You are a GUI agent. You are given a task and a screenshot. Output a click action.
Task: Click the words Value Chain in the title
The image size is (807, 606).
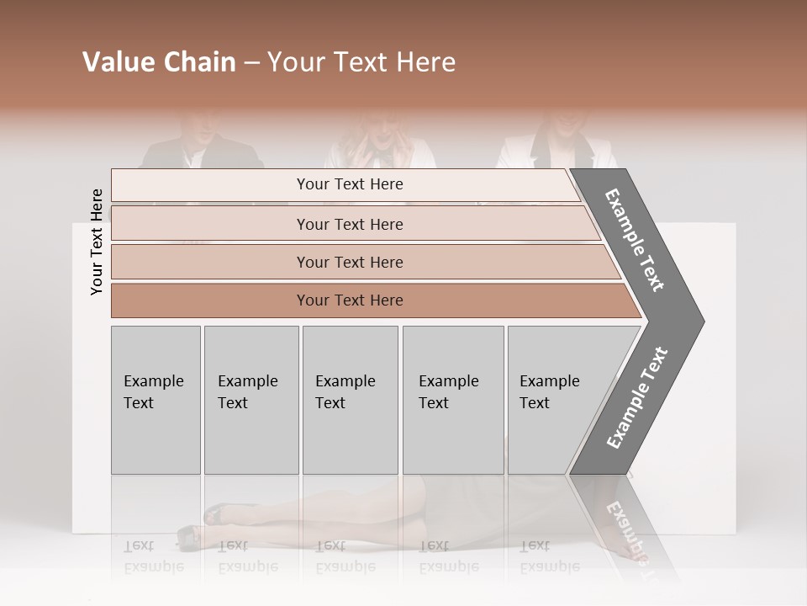click(159, 62)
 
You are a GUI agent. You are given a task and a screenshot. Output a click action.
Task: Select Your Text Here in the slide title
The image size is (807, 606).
click(361, 62)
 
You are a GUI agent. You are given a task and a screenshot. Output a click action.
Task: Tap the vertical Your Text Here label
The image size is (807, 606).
click(97, 242)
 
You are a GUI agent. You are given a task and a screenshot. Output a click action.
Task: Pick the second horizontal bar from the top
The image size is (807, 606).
click(350, 224)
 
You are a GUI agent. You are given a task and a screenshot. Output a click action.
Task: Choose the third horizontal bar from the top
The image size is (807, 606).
click(350, 262)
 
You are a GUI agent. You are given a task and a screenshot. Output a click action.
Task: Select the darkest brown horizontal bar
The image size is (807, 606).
click(350, 300)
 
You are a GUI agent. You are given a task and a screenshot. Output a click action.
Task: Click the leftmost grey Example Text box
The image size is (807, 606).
click(156, 400)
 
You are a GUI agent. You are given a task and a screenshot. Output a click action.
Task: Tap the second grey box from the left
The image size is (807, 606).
click(251, 400)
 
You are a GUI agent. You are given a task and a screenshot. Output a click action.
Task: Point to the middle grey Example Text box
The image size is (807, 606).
click(350, 400)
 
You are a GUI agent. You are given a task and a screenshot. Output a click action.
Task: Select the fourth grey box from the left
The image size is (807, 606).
click(452, 400)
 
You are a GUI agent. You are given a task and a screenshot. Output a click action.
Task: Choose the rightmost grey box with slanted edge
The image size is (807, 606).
click(555, 400)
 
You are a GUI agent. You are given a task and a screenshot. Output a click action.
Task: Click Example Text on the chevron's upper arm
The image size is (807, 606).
click(636, 240)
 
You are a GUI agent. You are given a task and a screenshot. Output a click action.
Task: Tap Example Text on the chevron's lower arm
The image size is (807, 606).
click(637, 398)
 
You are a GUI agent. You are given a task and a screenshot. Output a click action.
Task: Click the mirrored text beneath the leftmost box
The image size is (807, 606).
click(154, 556)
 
